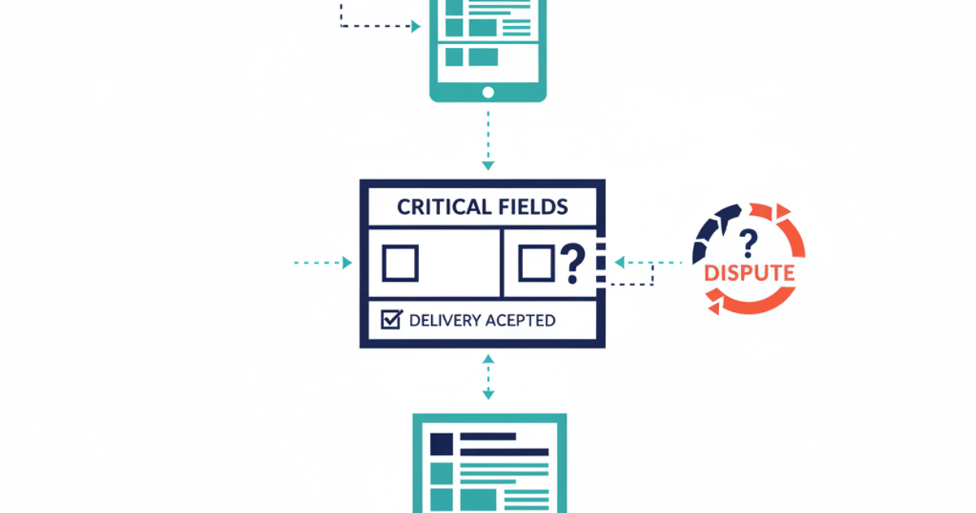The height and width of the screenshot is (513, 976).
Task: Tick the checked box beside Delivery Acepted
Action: (391, 319)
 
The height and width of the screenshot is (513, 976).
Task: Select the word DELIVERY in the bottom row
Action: (444, 320)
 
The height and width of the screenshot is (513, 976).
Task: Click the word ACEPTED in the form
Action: (521, 320)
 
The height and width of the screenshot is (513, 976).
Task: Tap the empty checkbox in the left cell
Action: (400, 263)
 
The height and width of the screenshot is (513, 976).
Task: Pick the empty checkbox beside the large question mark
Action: (536, 263)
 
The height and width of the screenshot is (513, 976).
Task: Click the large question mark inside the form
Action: (573, 262)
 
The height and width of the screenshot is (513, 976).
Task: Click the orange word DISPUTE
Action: (749, 273)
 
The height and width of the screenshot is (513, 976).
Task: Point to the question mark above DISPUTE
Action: (747, 241)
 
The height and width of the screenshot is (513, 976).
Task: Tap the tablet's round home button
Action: (488, 92)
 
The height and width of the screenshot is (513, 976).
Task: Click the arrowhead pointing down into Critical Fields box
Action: (488, 165)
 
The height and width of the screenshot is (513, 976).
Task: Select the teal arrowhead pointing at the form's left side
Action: (347, 263)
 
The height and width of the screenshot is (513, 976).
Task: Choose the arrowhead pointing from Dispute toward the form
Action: (620, 262)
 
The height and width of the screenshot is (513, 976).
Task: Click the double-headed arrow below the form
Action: (488, 376)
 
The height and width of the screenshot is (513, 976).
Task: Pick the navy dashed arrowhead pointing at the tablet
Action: (416, 27)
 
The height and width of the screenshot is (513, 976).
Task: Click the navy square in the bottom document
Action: (442, 444)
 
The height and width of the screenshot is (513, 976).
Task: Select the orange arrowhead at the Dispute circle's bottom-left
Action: (714, 308)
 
